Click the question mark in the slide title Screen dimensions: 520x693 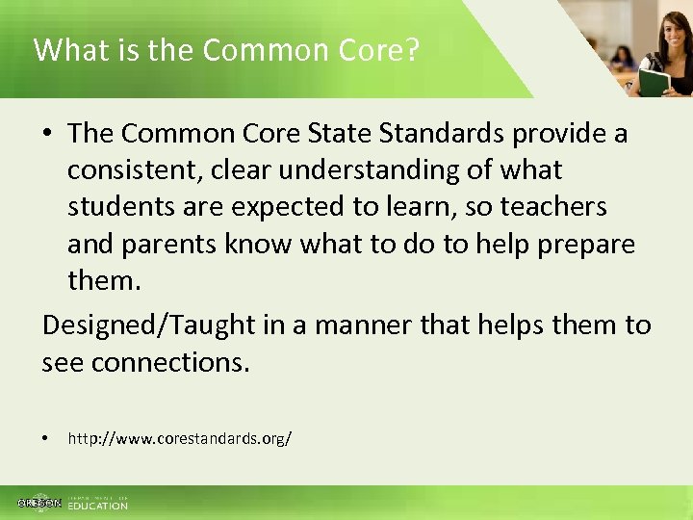pos(412,50)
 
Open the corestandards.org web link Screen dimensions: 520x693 pos(179,439)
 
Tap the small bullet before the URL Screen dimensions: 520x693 pos(46,439)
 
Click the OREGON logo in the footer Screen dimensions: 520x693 pos(39,504)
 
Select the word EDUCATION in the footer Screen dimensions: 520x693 pos(97,506)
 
